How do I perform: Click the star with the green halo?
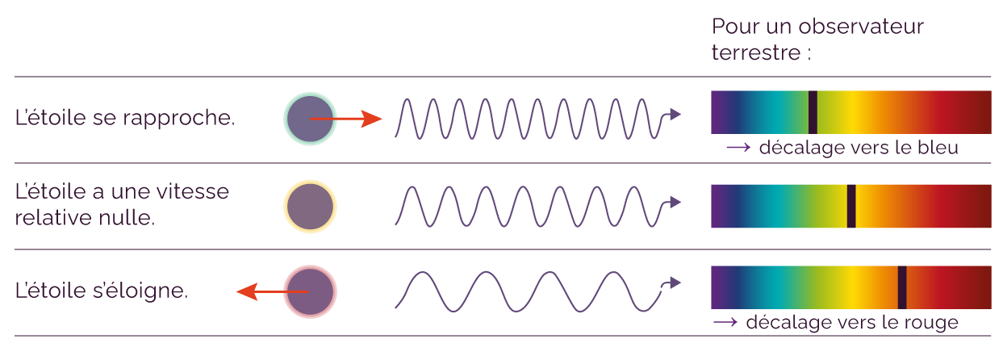click(310, 119)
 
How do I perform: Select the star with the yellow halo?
click(310, 207)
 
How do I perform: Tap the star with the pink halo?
click(310, 291)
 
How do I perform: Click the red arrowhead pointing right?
click(371, 119)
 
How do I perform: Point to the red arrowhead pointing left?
click(247, 291)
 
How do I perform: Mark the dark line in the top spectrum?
click(813, 112)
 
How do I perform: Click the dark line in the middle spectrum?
click(851, 206)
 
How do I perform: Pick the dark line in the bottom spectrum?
click(902, 287)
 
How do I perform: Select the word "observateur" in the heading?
click(861, 27)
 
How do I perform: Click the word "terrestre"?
click(756, 52)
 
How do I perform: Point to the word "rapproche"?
click(178, 119)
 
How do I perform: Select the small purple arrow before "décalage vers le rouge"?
click(725, 322)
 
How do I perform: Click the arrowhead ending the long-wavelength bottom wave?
click(675, 283)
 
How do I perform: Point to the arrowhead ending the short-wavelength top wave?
click(675, 114)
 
